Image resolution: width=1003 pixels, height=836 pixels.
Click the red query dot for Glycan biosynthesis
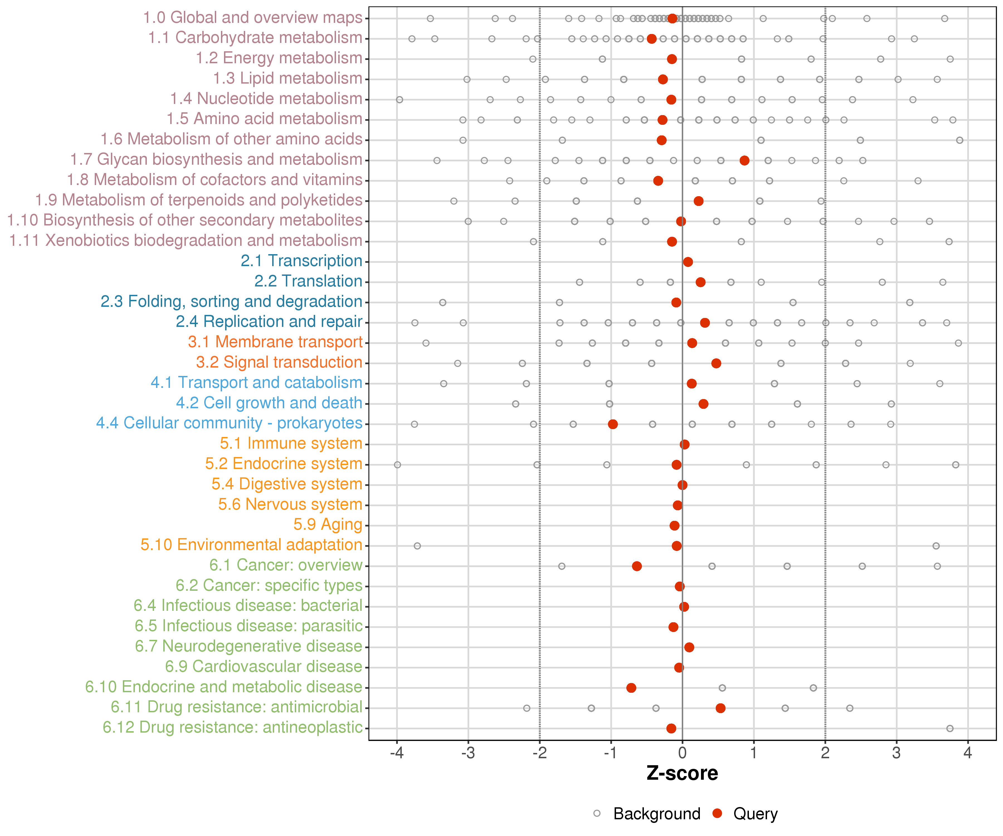[744, 161]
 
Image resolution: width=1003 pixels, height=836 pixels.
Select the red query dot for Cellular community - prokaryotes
[613, 424]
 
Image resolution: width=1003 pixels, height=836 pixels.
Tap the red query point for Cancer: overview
[637, 566]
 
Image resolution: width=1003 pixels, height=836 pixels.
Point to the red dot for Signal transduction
[716, 364]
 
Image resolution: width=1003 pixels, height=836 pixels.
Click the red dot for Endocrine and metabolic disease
[631, 688]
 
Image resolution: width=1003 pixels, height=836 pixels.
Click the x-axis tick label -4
[396, 753]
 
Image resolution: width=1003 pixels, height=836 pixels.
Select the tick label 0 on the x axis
[682, 753]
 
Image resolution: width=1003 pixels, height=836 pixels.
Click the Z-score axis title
[682, 773]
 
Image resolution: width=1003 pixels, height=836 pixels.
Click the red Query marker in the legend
[717, 813]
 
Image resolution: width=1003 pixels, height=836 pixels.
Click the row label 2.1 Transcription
[301, 261]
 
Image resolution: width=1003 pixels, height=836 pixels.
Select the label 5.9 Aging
[328, 524]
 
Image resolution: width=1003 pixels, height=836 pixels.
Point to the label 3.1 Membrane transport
[275, 342]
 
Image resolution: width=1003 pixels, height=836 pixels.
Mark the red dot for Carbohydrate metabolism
[651, 39]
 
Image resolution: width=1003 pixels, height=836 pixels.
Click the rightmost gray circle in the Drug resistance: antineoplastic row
[950, 728]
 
